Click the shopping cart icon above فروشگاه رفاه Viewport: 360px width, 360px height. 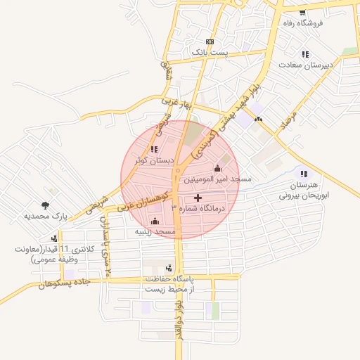(302, 13)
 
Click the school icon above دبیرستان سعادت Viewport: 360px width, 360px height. (305, 54)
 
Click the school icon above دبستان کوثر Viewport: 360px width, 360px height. (154, 149)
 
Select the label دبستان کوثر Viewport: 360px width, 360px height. (154, 160)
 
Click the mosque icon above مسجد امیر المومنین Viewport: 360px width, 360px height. (217, 168)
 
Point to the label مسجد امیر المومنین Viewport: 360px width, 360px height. (218, 179)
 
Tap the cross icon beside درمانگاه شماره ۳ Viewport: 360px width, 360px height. (197, 208)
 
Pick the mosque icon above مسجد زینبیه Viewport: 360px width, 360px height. (155, 221)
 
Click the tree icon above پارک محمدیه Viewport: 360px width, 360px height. (46, 205)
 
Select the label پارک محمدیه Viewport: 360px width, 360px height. (46, 217)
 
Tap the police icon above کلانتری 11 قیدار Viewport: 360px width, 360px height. (54, 239)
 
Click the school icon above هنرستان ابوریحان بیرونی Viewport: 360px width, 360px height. (304, 174)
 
